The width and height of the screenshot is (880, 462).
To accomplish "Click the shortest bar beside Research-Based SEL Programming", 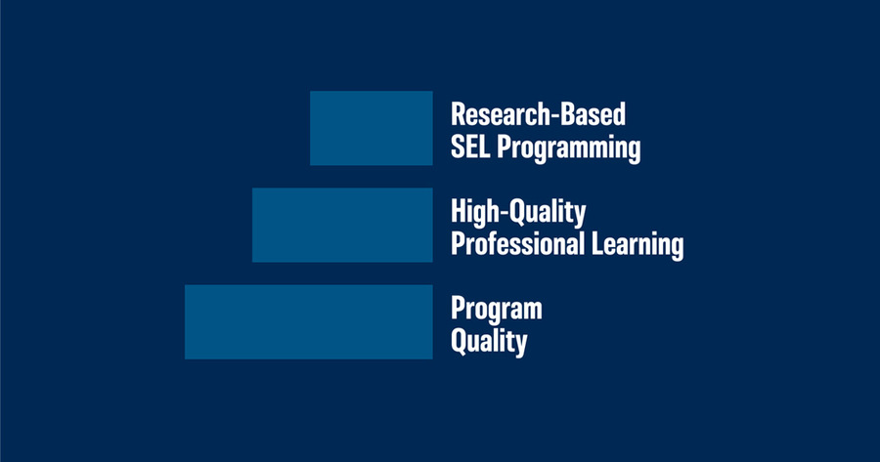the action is click(x=371, y=128).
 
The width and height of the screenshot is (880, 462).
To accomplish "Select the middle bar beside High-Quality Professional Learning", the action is click(x=342, y=225).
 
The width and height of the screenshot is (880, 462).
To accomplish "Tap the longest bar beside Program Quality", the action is click(x=309, y=321).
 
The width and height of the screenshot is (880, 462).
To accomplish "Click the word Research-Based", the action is click(x=538, y=114).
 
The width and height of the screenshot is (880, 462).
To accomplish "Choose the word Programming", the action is click(x=569, y=149).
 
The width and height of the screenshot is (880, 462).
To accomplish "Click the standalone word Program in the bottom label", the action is click(x=497, y=310).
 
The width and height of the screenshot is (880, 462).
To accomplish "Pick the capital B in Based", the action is click(x=569, y=114).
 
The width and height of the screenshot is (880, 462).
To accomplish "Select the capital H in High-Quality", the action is click(x=460, y=212).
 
